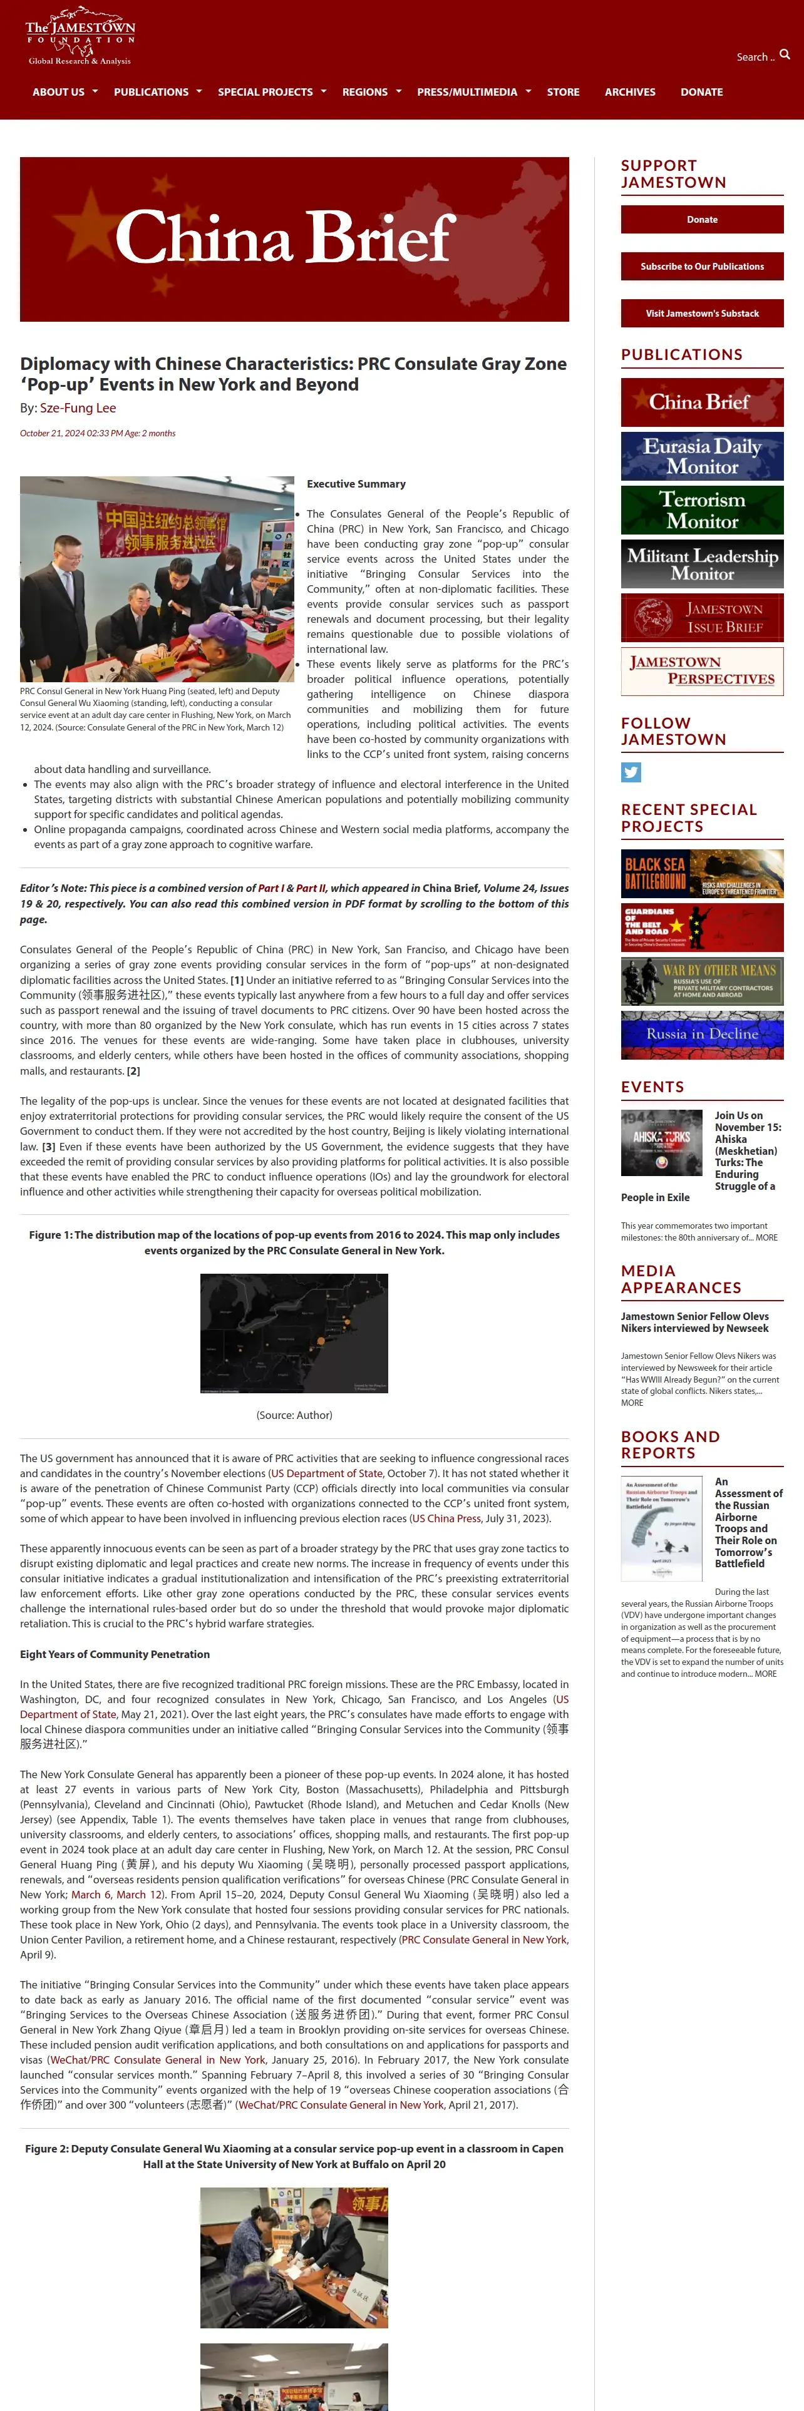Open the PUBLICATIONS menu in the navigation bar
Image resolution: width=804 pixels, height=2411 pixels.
click(x=152, y=93)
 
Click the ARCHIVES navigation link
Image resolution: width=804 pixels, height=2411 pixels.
click(x=630, y=93)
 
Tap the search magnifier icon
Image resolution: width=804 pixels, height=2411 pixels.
click(x=785, y=55)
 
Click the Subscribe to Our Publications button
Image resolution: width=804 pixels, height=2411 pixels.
click(x=702, y=267)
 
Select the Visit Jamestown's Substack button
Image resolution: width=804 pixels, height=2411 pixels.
click(x=702, y=314)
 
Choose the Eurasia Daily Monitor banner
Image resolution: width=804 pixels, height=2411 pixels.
click(x=702, y=456)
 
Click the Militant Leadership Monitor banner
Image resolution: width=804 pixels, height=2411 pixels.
click(x=702, y=563)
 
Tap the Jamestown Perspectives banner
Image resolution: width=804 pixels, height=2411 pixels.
click(x=702, y=671)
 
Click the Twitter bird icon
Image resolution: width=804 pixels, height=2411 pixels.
click(x=631, y=772)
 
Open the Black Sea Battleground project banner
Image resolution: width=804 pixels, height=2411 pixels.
click(x=702, y=874)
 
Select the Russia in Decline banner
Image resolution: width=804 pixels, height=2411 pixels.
click(x=702, y=1034)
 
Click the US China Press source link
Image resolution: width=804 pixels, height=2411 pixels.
click(x=446, y=1518)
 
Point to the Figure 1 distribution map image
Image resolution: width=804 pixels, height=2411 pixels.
click(x=294, y=1334)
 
